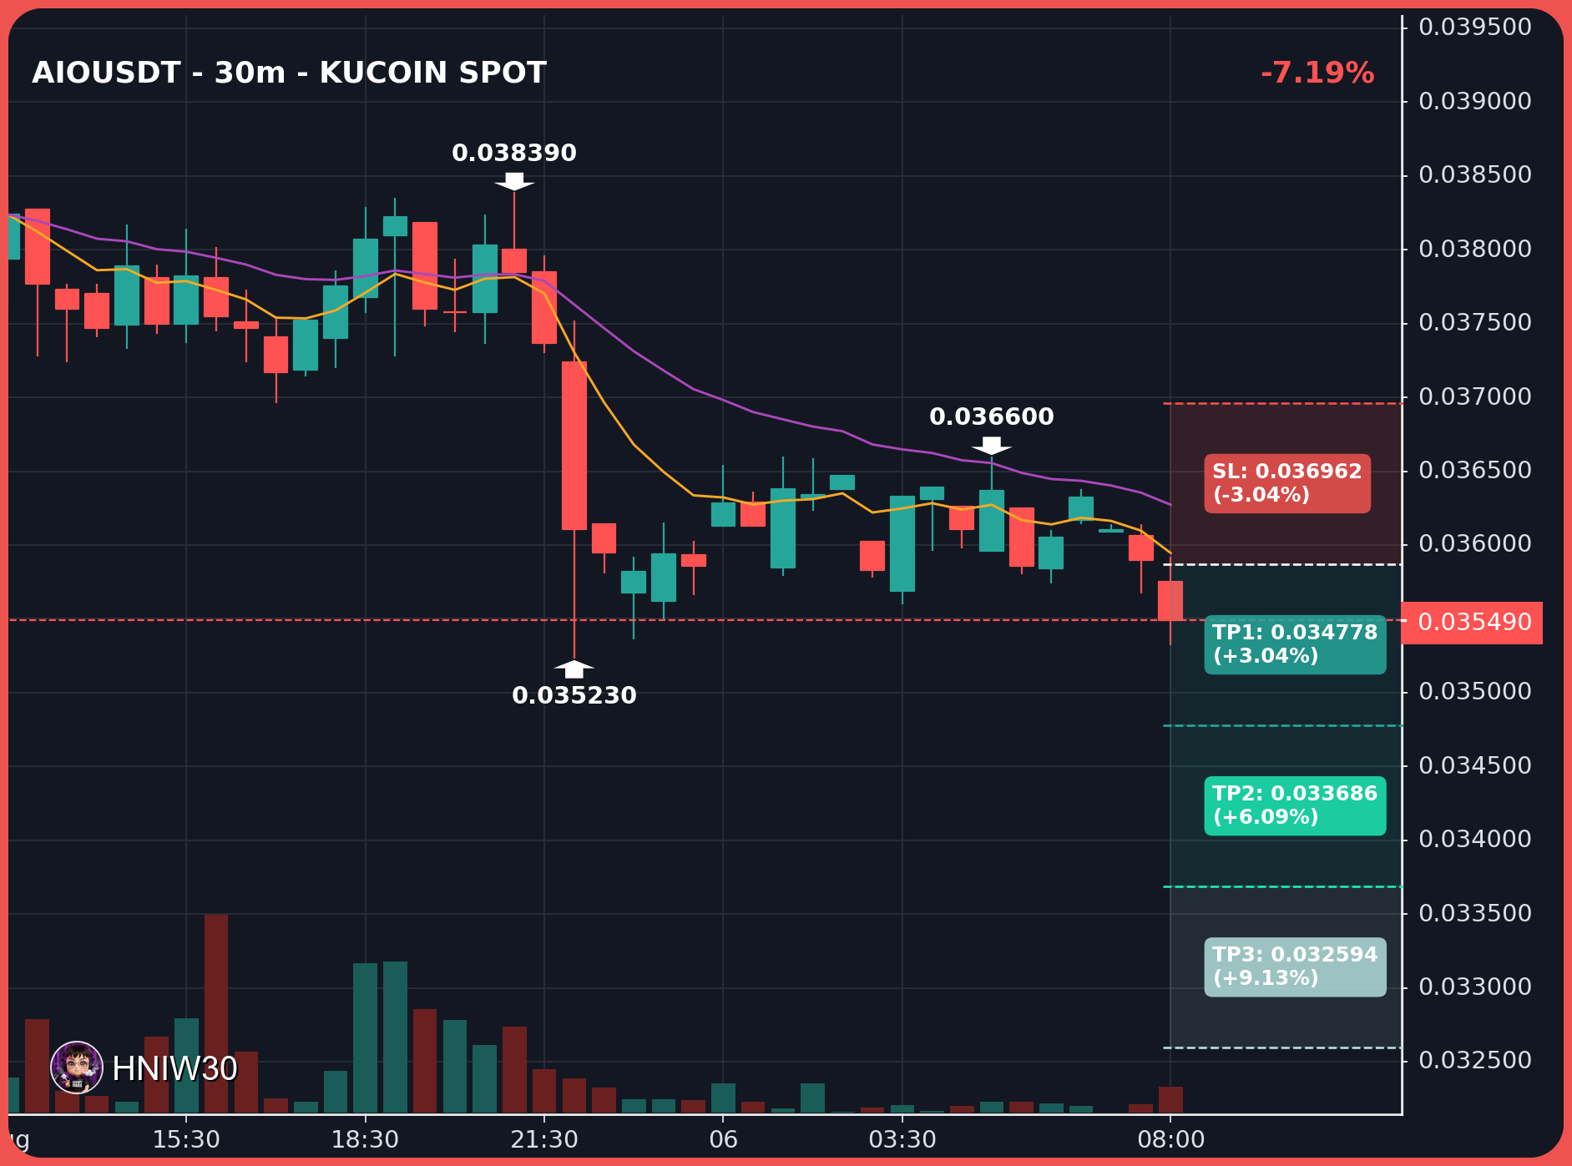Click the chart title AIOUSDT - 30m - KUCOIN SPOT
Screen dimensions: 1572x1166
coord(289,73)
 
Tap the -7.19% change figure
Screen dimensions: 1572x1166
coord(1317,73)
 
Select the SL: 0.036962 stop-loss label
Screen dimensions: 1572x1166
coord(1286,483)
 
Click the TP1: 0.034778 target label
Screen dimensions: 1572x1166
coord(1295,644)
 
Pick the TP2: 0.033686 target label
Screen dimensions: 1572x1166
coord(1295,805)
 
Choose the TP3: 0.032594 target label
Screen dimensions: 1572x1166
coord(1295,967)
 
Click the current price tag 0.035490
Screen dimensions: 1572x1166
coord(1474,623)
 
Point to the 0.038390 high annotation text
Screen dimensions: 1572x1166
coord(514,154)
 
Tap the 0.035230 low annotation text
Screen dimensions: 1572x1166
coord(574,695)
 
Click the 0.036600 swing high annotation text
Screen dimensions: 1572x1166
coord(992,416)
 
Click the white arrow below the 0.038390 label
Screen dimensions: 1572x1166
coord(514,181)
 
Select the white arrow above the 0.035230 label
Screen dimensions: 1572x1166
coord(574,669)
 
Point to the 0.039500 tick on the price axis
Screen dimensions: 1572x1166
coord(1475,28)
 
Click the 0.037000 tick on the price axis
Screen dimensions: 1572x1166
coord(1475,396)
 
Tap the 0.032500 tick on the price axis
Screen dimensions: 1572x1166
coord(1475,1061)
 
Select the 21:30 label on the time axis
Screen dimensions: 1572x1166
coord(544,1140)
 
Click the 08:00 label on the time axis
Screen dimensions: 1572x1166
coord(1171,1140)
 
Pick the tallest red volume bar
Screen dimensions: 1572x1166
coord(216,1013)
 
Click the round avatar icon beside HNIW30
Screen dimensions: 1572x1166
coord(77,1068)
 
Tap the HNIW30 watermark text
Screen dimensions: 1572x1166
coord(174,1069)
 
